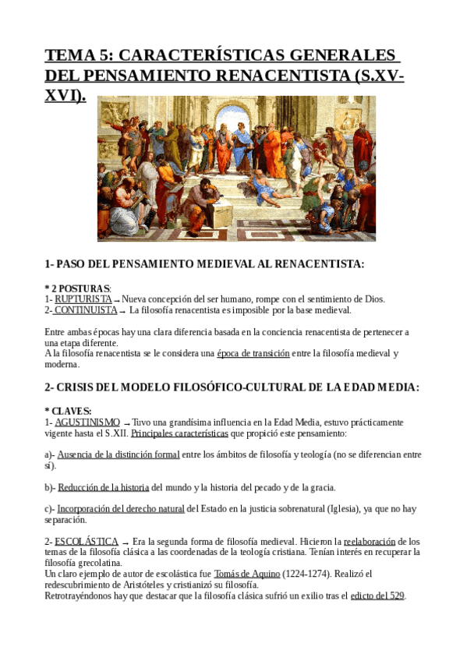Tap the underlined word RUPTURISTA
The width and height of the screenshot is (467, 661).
coord(83,299)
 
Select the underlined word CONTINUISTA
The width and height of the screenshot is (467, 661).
coord(85,310)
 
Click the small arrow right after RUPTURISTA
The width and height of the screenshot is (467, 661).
coord(117,301)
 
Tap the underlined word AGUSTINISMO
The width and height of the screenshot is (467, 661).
coord(87,422)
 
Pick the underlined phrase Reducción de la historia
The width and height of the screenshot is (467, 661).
coord(104,487)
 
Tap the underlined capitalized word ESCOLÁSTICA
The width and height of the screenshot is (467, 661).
coord(87,541)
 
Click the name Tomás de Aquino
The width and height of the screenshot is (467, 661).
coord(246,574)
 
